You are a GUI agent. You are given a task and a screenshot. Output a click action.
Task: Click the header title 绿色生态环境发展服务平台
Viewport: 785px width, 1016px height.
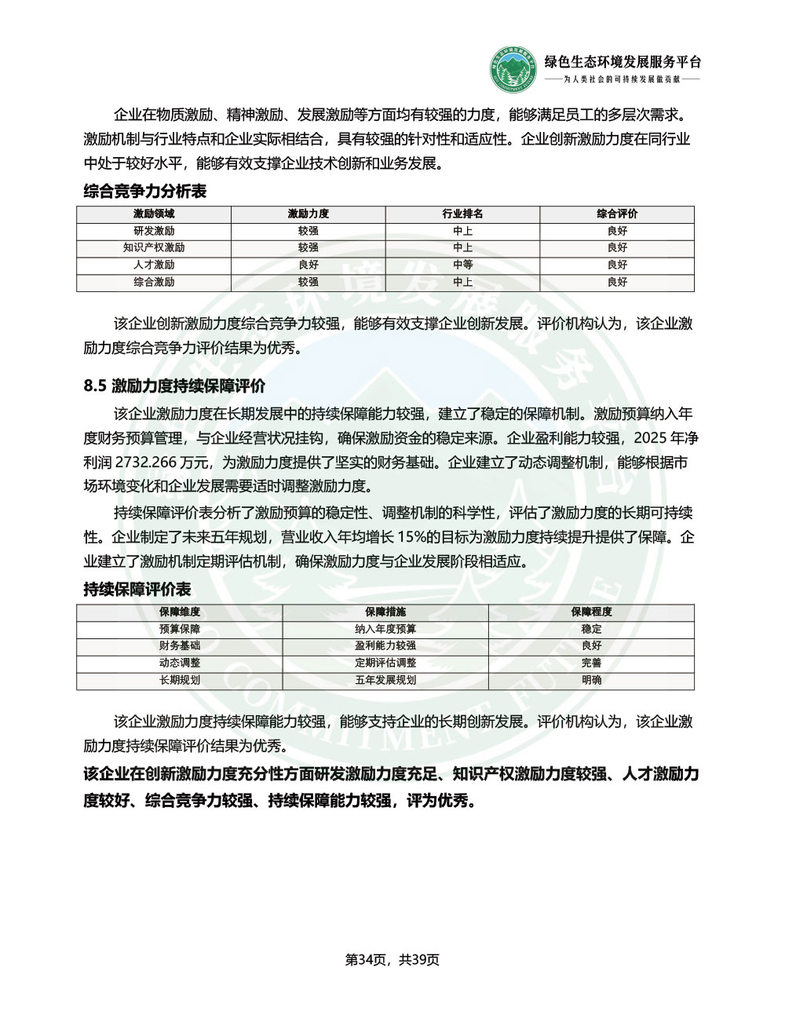click(623, 63)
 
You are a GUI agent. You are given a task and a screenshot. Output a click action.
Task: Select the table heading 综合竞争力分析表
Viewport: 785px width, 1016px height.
click(134, 191)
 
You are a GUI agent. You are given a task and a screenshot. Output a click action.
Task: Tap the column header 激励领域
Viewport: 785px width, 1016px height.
click(154, 214)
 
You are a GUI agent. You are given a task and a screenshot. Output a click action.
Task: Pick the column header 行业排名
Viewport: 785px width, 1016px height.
click(462, 214)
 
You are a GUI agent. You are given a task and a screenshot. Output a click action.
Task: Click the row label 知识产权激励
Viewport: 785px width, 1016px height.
click(154, 248)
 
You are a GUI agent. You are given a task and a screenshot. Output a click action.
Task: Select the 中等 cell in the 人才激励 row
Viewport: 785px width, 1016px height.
click(462, 265)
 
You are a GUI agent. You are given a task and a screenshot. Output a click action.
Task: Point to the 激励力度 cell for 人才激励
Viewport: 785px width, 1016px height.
click(309, 265)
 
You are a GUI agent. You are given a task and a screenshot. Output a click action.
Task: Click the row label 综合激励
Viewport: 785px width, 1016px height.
click(154, 282)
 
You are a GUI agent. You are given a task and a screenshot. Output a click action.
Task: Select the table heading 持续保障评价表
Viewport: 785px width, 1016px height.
click(137, 589)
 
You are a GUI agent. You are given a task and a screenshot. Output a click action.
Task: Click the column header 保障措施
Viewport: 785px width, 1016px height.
click(385, 612)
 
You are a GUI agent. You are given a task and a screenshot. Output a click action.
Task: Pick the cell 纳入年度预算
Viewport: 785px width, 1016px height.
click(385, 629)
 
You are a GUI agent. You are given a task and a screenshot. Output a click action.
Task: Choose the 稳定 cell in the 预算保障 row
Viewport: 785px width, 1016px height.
click(591, 629)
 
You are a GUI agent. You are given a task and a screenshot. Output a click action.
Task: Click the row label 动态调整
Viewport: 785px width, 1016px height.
click(180, 663)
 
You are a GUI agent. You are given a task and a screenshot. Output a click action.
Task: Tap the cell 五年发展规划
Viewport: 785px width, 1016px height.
click(385, 680)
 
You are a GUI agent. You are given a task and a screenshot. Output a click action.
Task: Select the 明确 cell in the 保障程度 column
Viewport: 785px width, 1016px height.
click(591, 680)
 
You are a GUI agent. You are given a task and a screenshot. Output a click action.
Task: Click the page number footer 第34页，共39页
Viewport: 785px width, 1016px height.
click(392, 959)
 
